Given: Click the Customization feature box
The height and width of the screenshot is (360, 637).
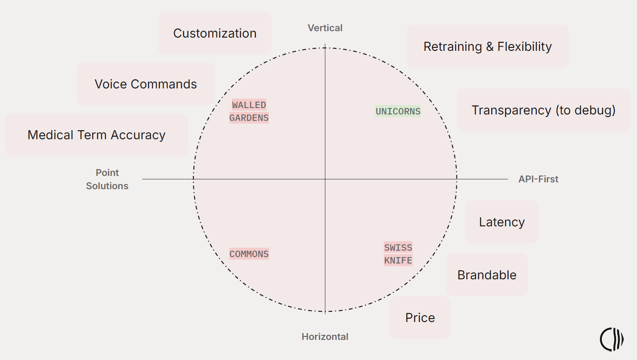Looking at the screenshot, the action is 215,33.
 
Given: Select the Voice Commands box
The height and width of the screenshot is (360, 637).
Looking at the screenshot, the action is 146,84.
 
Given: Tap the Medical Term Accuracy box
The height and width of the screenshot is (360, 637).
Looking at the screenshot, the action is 96,135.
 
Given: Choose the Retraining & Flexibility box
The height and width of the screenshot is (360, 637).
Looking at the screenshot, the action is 488,46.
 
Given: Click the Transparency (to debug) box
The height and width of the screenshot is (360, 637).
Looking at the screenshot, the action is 543,110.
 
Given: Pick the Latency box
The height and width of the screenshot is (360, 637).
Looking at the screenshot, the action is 502,222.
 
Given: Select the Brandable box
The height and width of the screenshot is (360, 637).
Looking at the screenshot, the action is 487,275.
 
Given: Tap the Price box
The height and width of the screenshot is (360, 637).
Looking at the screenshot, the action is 420,318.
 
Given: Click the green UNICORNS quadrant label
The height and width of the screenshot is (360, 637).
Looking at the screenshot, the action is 398,111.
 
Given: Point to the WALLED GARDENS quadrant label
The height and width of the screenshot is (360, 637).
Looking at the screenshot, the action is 249,111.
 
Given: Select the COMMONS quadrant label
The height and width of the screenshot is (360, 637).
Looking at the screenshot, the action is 249,254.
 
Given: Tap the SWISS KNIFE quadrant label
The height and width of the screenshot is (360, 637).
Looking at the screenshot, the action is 398,254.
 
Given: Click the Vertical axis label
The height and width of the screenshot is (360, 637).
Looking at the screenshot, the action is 325,28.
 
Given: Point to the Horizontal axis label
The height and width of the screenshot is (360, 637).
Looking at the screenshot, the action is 325,337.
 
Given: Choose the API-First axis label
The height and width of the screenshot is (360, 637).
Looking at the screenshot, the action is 538,179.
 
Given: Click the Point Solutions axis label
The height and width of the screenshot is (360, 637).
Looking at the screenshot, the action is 107,179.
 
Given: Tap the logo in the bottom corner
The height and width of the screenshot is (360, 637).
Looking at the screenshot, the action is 611,340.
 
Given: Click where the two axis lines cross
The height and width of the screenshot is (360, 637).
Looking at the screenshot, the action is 325,179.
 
